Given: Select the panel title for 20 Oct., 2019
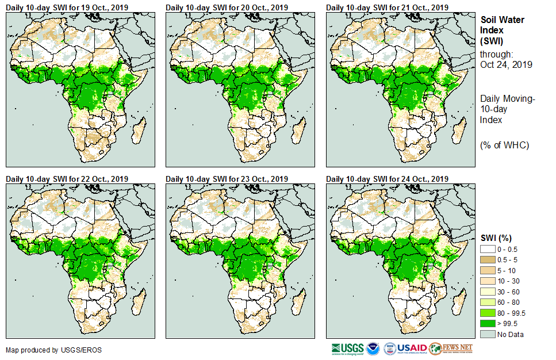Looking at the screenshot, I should (x=228, y=7).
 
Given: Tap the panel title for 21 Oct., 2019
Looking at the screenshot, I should (x=388, y=7).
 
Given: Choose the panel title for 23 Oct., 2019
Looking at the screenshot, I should (x=228, y=179).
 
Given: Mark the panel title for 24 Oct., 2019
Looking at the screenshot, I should (x=388, y=179).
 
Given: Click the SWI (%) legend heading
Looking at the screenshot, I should (x=496, y=238).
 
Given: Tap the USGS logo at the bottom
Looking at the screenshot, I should (x=347, y=348).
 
